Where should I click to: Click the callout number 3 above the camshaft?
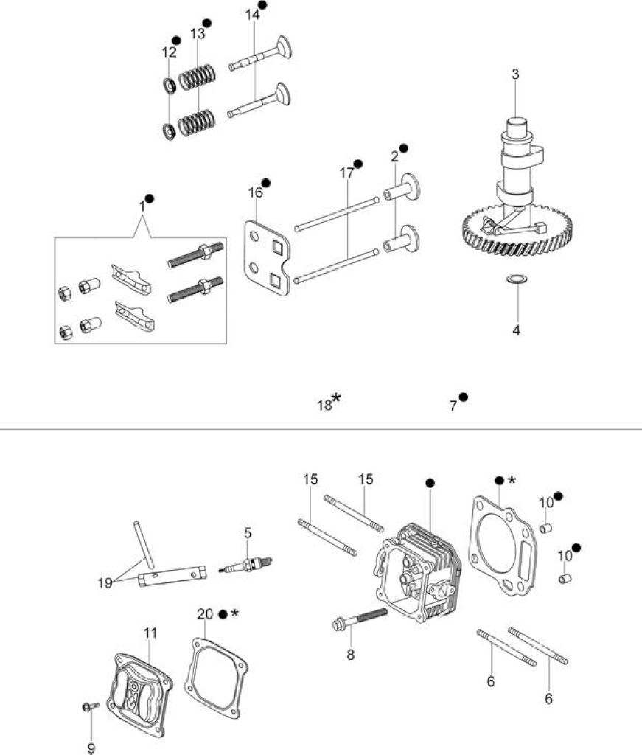pyautogui.click(x=515, y=74)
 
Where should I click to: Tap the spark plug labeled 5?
pyautogui.click(x=246, y=564)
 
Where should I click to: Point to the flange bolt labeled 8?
pyautogui.click(x=360, y=619)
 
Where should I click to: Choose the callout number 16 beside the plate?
pyautogui.click(x=256, y=192)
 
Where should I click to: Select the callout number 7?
pyautogui.click(x=453, y=406)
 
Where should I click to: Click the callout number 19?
pyautogui.click(x=105, y=582)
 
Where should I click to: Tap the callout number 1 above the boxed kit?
pyautogui.click(x=142, y=206)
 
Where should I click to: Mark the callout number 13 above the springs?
pyautogui.click(x=198, y=34)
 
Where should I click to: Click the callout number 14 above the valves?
pyautogui.click(x=253, y=15)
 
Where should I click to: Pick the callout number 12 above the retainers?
pyautogui.click(x=169, y=52)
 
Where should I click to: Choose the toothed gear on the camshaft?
pyautogui.click(x=518, y=230)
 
